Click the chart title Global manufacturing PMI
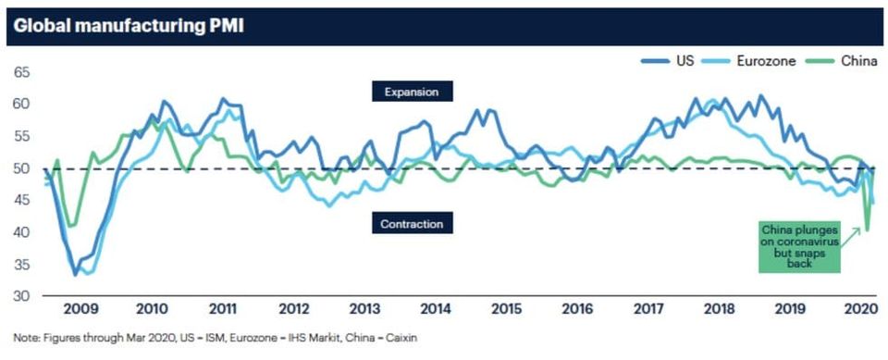coord(129,27)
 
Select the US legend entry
coord(668,61)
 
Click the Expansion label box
coord(412,92)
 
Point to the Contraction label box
coord(412,223)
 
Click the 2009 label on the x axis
coord(81,309)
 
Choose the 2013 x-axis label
coord(364,309)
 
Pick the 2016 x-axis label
coord(577,309)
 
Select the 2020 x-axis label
coord(860,309)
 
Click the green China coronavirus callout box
coord(798,248)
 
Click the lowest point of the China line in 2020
coord(867,230)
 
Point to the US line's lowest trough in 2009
coord(75,275)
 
